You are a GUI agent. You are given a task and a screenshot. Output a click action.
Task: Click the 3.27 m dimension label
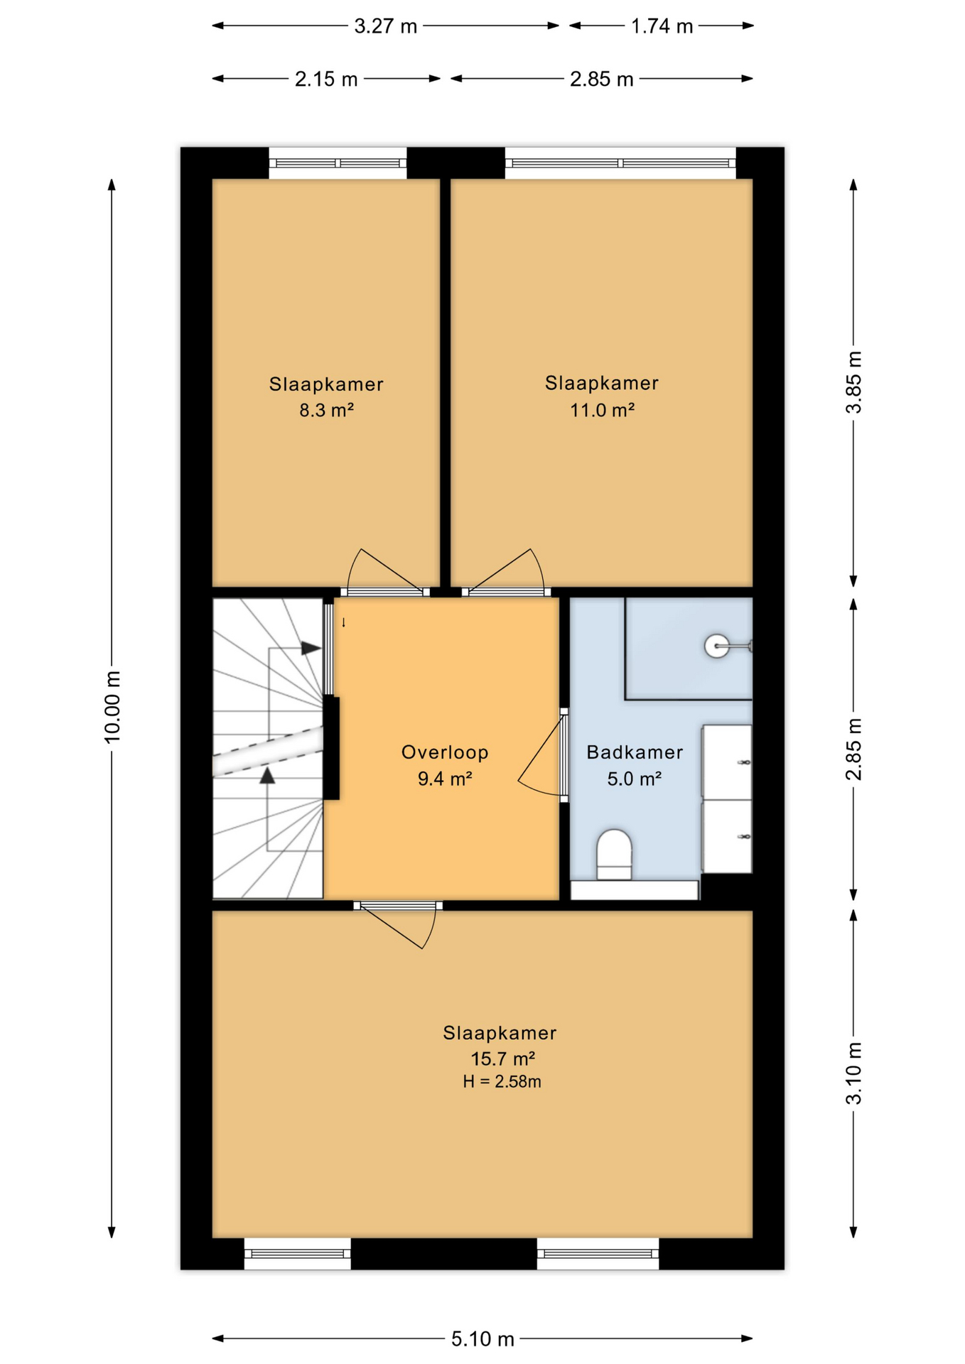tap(385, 26)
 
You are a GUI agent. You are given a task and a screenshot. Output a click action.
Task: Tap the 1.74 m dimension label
tap(662, 26)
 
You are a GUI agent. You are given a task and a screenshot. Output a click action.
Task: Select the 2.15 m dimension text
tap(326, 79)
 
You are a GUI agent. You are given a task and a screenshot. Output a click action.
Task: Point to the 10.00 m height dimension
tap(112, 707)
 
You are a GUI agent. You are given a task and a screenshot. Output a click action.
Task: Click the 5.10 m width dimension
tap(482, 1339)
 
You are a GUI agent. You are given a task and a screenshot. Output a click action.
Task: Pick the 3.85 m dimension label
tap(853, 382)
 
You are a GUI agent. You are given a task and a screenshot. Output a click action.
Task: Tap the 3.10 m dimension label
tap(853, 1073)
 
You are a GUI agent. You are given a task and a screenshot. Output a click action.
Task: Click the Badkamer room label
tap(635, 752)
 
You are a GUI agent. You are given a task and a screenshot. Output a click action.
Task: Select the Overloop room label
tap(445, 752)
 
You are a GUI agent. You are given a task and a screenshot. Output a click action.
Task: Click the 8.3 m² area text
tap(326, 411)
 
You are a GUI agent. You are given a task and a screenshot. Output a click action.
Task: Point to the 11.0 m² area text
tap(602, 411)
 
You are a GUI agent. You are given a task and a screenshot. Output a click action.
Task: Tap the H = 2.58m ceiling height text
tap(502, 1082)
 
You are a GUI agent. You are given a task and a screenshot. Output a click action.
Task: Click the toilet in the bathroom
tap(614, 855)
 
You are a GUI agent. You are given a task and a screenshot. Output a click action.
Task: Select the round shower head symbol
tap(716, 646)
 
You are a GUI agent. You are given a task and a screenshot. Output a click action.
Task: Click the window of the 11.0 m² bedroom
tap(620, 163)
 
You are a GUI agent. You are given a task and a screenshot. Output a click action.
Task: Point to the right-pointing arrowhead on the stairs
tap(311, 649)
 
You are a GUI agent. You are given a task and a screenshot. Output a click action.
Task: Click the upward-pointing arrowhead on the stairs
tap(267, 775)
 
